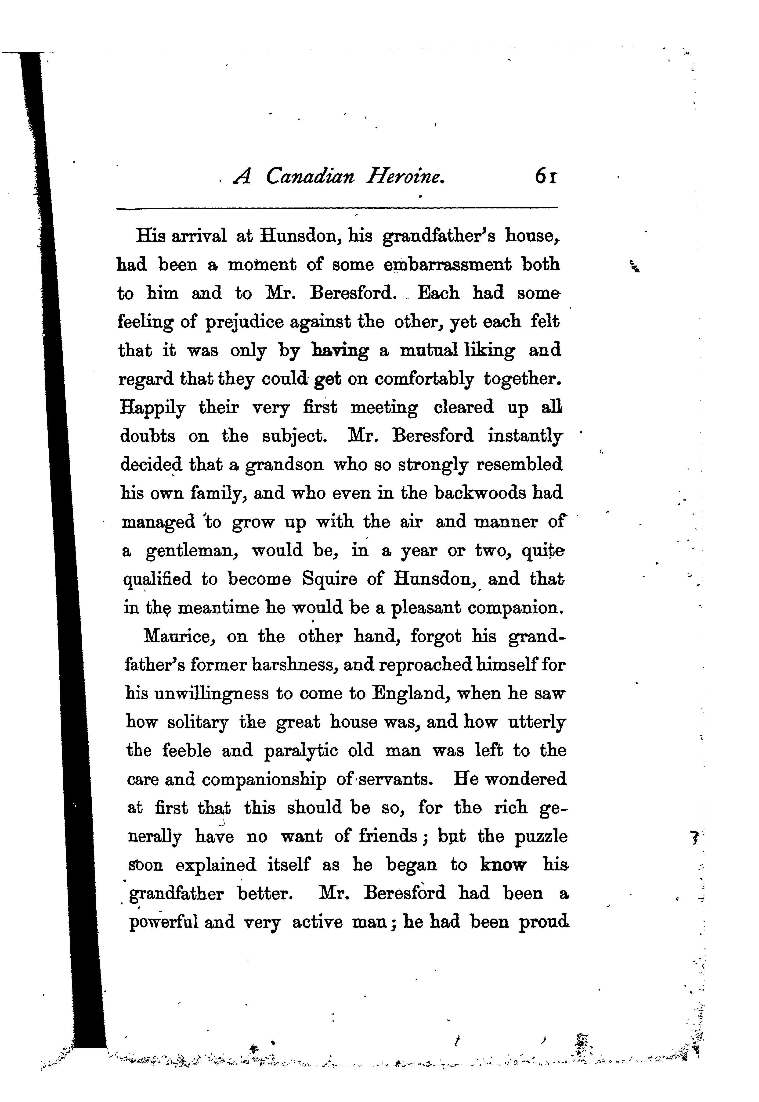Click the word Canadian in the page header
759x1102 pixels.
click(x=310, y=177)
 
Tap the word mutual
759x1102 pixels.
click(x=429, y=351)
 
